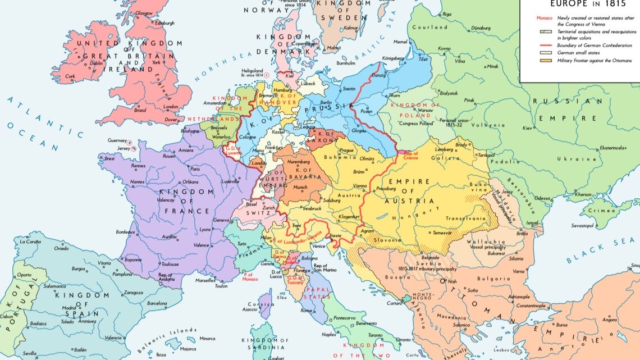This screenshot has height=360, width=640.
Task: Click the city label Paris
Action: pos(195,168)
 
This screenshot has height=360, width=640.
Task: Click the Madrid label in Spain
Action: pos(70,308)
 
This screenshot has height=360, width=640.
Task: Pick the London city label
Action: pos(171,106)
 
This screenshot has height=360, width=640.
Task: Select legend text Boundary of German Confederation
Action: pos(594,45)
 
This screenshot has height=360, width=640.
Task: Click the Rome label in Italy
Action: pos(307,311)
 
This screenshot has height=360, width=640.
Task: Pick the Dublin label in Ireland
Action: pos(97,63)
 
